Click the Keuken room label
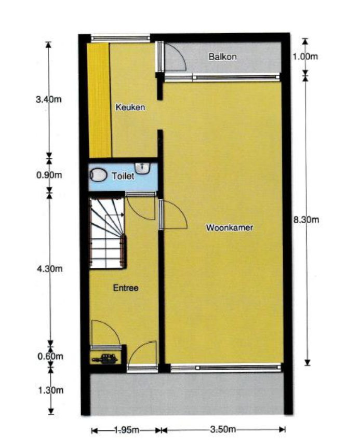[x=130, y=107]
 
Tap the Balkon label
[x=222, y=57]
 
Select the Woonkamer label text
[x=230, y=227]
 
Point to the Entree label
[x=126, y=288]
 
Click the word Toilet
[x=123, y=176]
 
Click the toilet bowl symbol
[x=98, y=175]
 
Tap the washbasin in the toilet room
[x=142, y=168]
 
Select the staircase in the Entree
[x=108, y=233]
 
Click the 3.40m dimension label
[x=48, y=99]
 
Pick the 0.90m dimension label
[x=49, y=175]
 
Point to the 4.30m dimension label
[x=50, y=268]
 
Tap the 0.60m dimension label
[x=50, y=356]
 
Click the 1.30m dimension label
[x=51, y=390]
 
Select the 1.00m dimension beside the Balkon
[x=305, y=57]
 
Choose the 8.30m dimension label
[x=306, y=220]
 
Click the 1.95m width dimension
[x=126, y=430]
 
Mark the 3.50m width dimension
[x=223, y=429]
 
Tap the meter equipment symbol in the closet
[x=105, y=359]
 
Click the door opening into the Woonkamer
[x=172, y=214]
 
